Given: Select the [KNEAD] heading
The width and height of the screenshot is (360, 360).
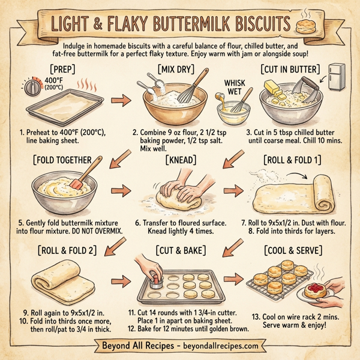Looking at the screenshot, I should [181, 160].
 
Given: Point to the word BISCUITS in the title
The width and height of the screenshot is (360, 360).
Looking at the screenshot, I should [248, 25].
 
